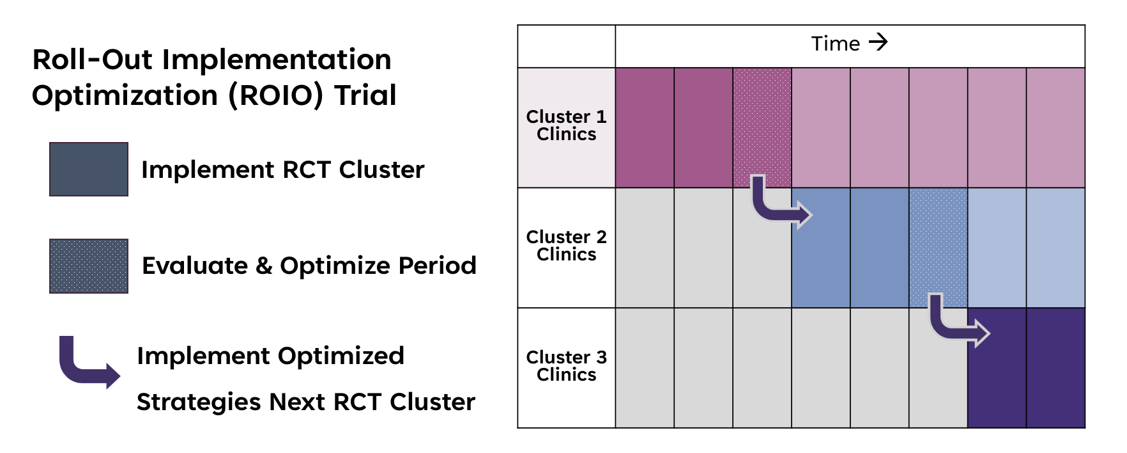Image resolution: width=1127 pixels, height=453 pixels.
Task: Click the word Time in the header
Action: click(x=835, y=44)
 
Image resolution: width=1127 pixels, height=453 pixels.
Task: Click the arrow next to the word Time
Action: click(x=878, y=42)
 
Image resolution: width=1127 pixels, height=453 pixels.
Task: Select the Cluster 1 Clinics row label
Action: click(x=566, y=125)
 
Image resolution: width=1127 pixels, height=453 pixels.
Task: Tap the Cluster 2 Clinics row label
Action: click(x=566, y=246)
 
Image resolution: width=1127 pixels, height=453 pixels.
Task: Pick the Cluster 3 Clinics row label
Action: click(x=566, y=366)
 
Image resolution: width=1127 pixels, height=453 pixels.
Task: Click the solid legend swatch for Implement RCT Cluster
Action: click(x=89, y=169)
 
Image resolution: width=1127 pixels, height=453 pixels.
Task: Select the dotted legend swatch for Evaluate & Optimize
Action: click(x=89, y=266)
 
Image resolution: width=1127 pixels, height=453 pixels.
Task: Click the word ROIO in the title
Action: click(x=276, y=95)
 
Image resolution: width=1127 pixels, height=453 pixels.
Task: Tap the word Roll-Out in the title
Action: click(x=92, y=60)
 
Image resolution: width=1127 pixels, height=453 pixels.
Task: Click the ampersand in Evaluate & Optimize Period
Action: click(x=263, y=266)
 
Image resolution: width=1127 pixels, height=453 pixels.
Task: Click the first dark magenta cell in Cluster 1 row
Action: click(x=644, y=127)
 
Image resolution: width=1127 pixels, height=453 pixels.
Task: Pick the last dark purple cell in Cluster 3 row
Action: click(x=1055, y=368)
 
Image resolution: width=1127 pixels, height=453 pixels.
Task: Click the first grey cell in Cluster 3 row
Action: click(x=644, y=368)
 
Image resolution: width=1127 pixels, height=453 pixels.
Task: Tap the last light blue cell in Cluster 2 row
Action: click(x=1055, y=248)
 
